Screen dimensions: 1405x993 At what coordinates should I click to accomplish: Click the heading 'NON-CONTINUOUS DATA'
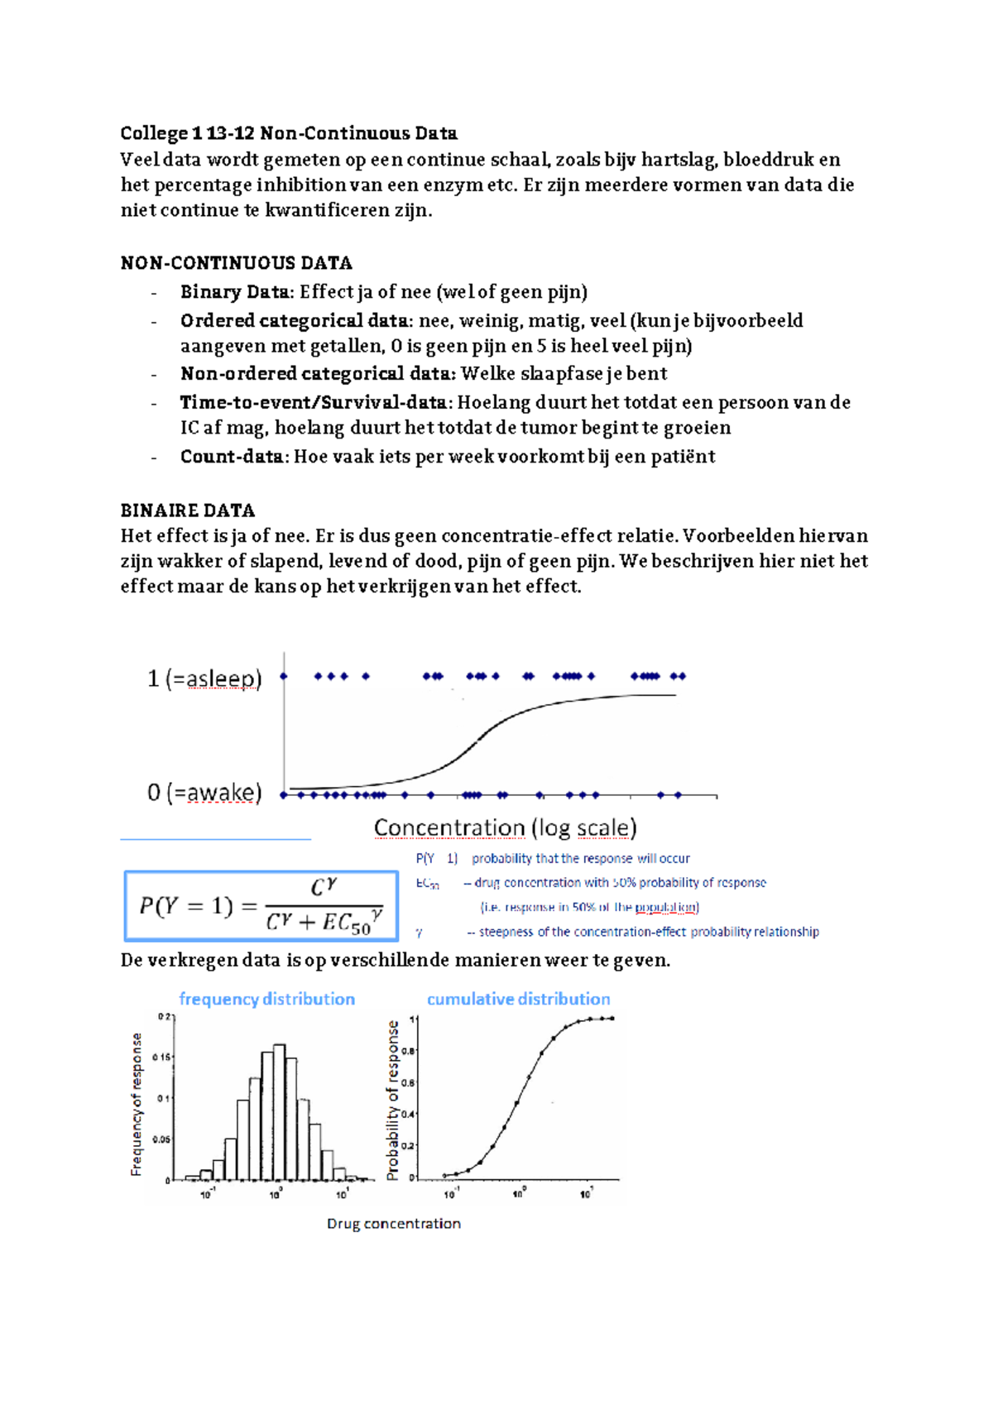coord(236,263)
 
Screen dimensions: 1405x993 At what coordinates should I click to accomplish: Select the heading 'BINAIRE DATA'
coord(187,511)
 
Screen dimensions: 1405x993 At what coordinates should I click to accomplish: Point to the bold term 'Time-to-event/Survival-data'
coord(315,403)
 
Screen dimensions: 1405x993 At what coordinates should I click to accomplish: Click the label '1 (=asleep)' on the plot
coord(204,679)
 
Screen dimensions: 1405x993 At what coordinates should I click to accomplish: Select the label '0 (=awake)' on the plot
coord(204,793)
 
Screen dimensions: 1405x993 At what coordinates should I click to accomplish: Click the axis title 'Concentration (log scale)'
coord(505,827)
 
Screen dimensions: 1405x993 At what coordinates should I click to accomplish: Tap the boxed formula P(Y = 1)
coord(261,906)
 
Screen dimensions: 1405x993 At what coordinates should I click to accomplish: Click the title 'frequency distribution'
coord(266,999)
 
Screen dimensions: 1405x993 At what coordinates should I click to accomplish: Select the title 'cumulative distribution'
coord(518,999)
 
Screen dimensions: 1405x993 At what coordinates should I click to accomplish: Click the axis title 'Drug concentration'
coord(393,1224)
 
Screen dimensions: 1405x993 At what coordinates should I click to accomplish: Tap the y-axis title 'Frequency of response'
coord(137,1104)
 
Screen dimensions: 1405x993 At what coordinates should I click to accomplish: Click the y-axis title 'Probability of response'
coord(393,1100)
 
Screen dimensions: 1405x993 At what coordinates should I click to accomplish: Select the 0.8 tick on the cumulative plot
coord(408,1051)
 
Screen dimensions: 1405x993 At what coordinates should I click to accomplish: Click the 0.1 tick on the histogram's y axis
coord(164,1098)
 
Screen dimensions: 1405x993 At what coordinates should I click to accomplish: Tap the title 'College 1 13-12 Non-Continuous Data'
coord(288,133)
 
